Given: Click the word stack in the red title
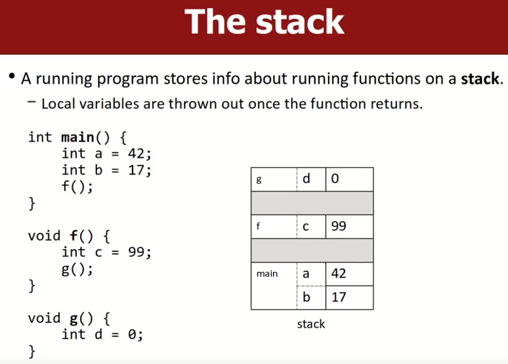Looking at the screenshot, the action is click(300, 22).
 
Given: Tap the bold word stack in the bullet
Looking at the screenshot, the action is click(480, 79).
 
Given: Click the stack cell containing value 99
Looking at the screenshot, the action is click(349, 227).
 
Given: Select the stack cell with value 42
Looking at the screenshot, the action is click(349, 274).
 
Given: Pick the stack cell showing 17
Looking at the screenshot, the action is click(349, 298).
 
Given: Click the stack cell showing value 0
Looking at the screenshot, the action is click(349, 179).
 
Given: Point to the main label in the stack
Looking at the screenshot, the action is click(267, 274).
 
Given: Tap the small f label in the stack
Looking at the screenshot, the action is click(258, 226).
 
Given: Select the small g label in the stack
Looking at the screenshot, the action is click(259, 180).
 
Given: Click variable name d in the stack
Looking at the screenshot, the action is click(306, 178).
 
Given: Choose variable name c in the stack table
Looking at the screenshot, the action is click(306, 227).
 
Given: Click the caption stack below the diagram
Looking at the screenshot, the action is click(311, 324).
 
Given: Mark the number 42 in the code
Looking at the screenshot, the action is click(136, 154).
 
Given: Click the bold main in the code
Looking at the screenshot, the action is click(77, 138).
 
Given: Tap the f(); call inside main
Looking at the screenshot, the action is click(77, 187).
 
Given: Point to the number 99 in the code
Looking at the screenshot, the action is click(136, 252).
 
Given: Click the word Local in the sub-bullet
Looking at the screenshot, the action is click(58, 104).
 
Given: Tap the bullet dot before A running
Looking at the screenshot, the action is click(12, 76).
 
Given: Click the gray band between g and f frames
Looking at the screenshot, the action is click(312, 203).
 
